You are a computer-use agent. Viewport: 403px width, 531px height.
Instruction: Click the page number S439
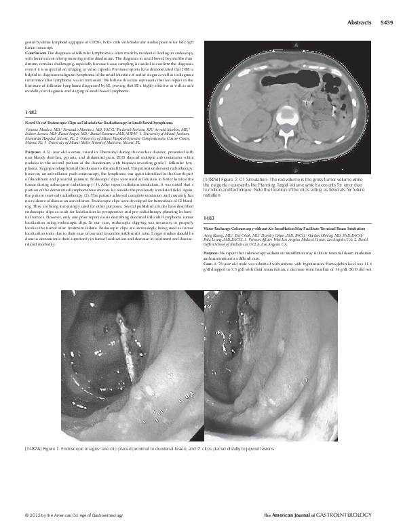coord(387,22)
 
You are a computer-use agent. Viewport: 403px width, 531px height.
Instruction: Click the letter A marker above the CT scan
coord(296,44)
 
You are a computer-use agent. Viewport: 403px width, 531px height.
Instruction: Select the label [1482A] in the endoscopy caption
coord(34,449)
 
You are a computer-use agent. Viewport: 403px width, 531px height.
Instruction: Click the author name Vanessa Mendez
coord(38,128)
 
